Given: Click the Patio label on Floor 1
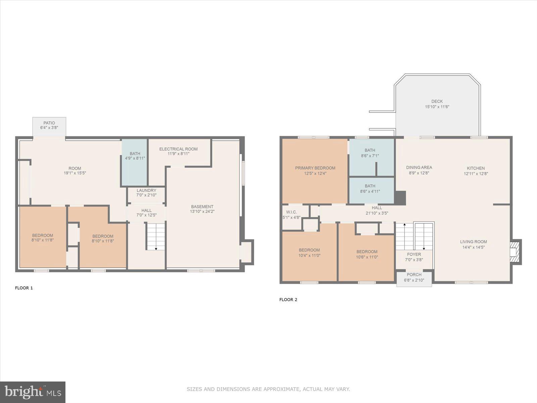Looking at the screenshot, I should pyautogui.click(x=49, y=123).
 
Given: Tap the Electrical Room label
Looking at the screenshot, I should pyautogui.click(x=178, y=149).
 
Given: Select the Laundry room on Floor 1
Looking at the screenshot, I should pyautogui.click(x=146, y=192).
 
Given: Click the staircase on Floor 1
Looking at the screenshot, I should pyautogui.click(x=156, y=236).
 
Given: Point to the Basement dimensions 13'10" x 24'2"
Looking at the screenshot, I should pyautogui.click(x=202, y=212).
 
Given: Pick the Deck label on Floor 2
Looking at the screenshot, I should pyautogui.click(x=437, y=101).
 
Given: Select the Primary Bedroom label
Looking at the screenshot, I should pyautogui.click(x=315, y=168).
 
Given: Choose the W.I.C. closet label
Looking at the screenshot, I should pyautogui.click(x=291, y=212).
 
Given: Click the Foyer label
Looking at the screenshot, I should pyautogui.click(x=414, y=255).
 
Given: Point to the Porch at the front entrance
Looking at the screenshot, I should pyautogui.click(x=414, y=277).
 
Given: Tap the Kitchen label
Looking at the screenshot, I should pyautogui.click(x=476, y=168).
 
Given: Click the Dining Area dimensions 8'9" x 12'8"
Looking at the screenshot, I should pyautogui.click(x=419, y=173).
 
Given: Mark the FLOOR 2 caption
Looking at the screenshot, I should pyautogui.click(x=288, y=300).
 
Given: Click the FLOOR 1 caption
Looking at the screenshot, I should pyautogui.click(x=24, y=288).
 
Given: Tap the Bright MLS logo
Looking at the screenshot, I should pyautogui.click(x=33, y=392).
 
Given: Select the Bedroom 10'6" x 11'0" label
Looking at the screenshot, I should pyautogui.click(x=367, y=252).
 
